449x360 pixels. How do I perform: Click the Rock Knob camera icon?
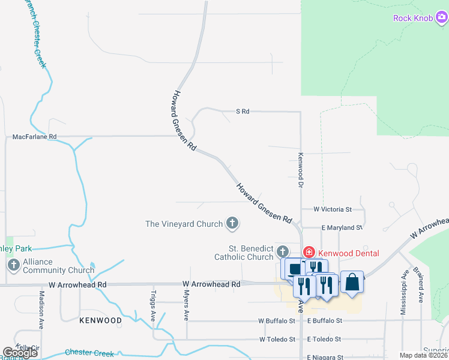[x=441, y=18]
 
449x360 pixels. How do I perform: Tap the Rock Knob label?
[x=412, y=18]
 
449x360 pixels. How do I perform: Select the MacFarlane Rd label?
[x=34, y=137]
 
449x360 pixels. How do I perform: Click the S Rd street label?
[x=243, y=112]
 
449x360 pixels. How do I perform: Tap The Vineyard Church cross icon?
[x=232, y=224]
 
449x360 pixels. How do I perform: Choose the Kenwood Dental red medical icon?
[x=309, y=252]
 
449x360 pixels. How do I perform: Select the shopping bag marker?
[x=352, y=282]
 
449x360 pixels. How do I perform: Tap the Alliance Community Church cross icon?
[x=12, y=266]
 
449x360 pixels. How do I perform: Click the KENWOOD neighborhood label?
[x=100, y=320]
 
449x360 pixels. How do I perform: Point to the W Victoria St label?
[x=333, y=209]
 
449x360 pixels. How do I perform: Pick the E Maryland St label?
[x=342, y=228]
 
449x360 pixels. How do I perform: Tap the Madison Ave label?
[x=41, y=310]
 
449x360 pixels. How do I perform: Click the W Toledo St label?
[x=277, y=339]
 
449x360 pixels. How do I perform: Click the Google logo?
[x=20, y=353]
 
